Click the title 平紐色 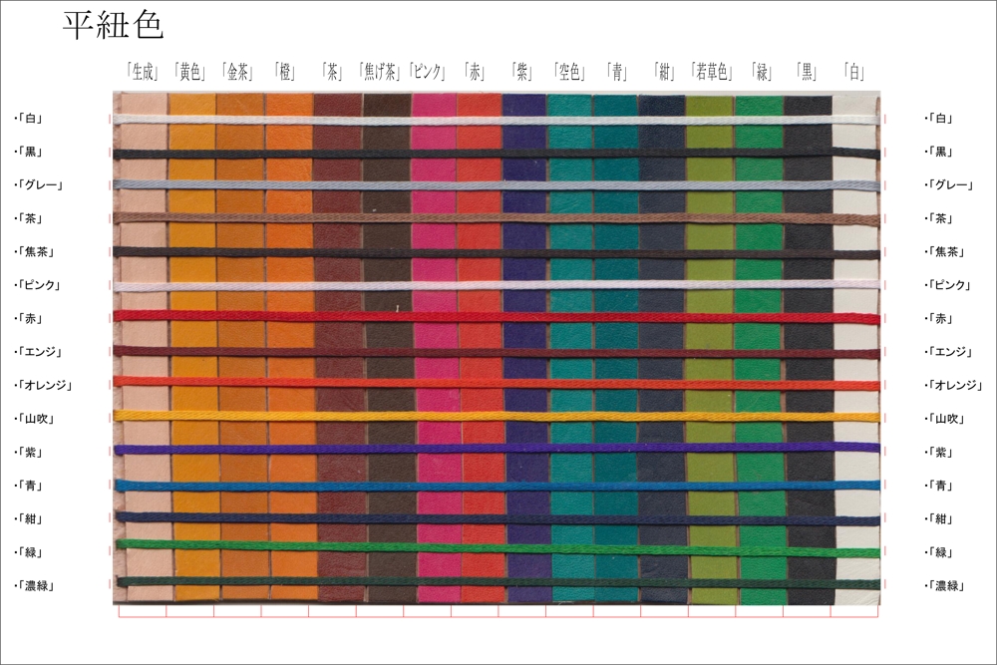point(113,26)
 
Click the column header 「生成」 point(143,72)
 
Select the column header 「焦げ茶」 point(380,72)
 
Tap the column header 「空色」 point(572,72)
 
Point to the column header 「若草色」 point(711,72)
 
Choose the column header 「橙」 point(286,72)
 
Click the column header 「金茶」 point(238,72)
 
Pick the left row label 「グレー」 point(40,184)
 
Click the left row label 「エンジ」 point(40,352)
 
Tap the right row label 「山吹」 point(941,419)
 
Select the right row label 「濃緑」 point(941,586)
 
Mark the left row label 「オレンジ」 point(44,385)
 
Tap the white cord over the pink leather point(434,121)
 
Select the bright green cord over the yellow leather point(191,545)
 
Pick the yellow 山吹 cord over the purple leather point(524,416)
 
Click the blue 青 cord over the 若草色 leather point(711,486)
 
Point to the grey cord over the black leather point(808,185)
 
